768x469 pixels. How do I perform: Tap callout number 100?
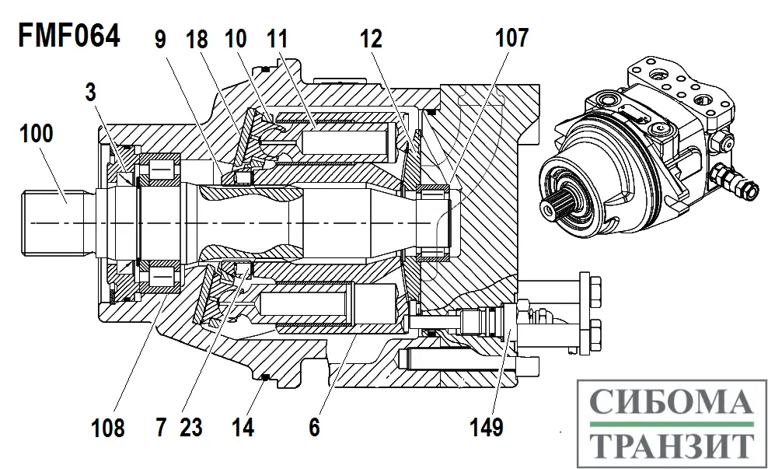pyautogui.click(x=37, y=133)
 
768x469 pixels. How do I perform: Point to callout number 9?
pyautogui.click(x=161, y=38)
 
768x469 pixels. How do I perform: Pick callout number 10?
pyautogui.click(x=236, y=38)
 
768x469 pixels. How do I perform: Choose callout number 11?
pyautogui.click(x=277, y=38)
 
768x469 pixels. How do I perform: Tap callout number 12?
pyautogui.click(x=371, y=38)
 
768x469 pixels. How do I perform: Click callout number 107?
pyautogui.click(x=511, y=38)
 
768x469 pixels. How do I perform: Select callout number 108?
pyautogui.click(x=108, y=427)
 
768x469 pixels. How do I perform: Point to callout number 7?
pyautogui.click(x=161, y=427)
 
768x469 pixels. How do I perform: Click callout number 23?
pyautogui.click(x=191, y=427)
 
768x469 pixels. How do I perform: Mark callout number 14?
pyautogui.click(x=243, y=427)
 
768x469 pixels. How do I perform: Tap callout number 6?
pyautogui.click(x=315, y=427)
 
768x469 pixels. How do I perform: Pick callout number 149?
pyautogui.click(x=487, y=427)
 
